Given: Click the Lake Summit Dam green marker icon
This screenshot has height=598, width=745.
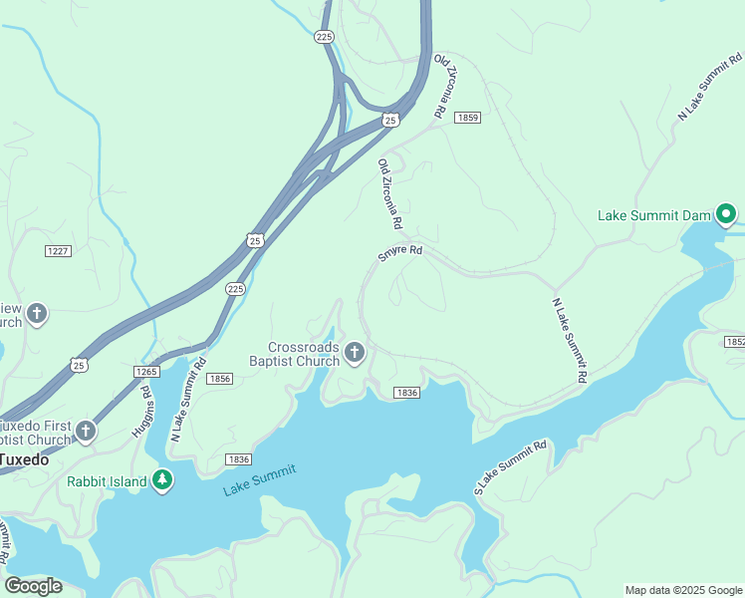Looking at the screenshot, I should (727, 214).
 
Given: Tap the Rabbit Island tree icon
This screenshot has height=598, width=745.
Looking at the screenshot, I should (163, 481).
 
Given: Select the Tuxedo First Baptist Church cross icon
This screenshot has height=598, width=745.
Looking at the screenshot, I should (86, 432).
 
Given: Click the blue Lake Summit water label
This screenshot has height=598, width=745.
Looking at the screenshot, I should (259, 479).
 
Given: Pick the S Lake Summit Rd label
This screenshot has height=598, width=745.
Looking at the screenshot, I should (511, 467).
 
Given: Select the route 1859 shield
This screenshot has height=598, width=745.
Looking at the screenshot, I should (467, 118).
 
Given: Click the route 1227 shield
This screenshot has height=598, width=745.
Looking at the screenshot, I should (58, 250).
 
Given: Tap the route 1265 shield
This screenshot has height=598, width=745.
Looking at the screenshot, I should (145, 372).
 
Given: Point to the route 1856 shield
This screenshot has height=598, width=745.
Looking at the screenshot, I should (220, 379).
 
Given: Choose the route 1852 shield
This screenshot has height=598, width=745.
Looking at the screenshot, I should (734, 342).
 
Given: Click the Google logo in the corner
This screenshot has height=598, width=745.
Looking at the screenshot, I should (34, 585).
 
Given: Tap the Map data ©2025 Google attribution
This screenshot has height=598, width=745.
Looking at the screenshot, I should (683, 590).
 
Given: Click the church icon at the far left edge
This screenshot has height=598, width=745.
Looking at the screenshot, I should (36, 315).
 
